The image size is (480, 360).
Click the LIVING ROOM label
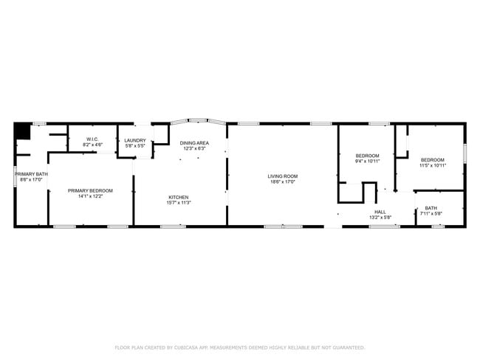[x=282, y=176]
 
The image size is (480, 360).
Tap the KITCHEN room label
[x=179, y=197]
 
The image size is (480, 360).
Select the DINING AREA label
[x=194, y=143]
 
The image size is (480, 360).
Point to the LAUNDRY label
[x=135, y=140]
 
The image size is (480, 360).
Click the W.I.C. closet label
[x=92, y=139]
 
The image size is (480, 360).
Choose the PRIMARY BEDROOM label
[x=90, y=190]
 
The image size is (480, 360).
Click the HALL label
[x=380, y=212]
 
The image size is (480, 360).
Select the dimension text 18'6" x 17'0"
[x=282, y=181]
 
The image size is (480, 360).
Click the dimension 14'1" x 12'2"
[x=90, y=195]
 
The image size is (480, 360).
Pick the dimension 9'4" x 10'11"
[x=367, y=161]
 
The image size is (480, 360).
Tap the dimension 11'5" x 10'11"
[x=433, y=165]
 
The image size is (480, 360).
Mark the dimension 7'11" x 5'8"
[x=431, y=213]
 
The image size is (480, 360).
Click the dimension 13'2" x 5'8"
[x=380, y=217]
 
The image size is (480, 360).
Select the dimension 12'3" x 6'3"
[x=194, y=148]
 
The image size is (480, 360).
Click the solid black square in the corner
[x=22, y=131]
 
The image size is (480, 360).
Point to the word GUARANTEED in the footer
[x=347, y=347]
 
